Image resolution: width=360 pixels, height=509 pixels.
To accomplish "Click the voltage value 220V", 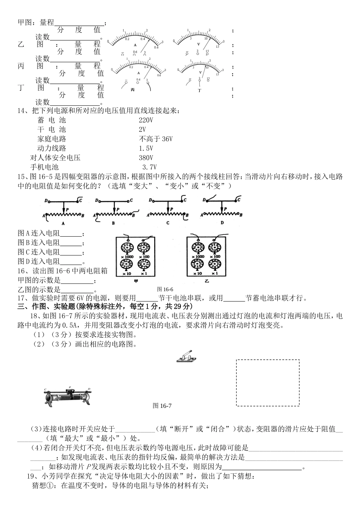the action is click(146, 120).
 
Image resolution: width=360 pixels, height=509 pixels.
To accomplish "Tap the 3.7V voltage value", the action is click(149, 167).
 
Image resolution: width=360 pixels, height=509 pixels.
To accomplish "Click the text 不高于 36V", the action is click(156, 139).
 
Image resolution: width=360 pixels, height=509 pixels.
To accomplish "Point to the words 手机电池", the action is click(44, 167).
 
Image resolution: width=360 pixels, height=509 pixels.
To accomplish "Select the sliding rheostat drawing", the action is click(68, 397).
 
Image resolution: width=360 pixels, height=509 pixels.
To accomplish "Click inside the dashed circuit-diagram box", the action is click(268, 383).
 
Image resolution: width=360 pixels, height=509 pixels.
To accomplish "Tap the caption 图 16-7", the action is click(162, 406).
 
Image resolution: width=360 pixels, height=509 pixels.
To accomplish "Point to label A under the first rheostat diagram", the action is click(63, 223).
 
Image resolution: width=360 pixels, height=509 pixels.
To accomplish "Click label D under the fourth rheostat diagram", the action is click(222, 223).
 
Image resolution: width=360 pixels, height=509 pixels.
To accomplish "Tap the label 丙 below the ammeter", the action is click(133, 90).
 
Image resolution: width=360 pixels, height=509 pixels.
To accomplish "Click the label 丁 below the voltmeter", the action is click(199, 91).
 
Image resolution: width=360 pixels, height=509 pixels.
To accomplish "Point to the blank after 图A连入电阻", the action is click(71, 234).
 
